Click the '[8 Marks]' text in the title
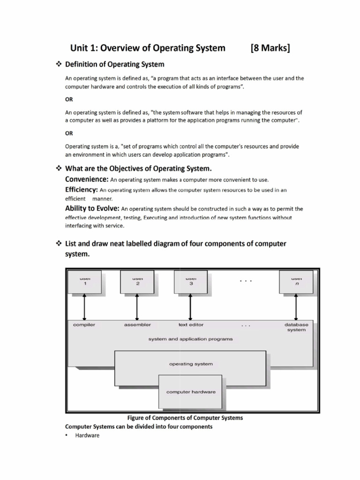270,48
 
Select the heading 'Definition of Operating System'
114,64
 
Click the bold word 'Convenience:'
87,180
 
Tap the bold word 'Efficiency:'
81,190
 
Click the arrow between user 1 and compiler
85,307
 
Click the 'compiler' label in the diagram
84,324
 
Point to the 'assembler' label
137,324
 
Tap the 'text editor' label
191,324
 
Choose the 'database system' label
296,327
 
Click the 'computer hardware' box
191,392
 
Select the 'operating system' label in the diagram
191,364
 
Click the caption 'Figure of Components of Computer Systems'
185,418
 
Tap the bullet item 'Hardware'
87,435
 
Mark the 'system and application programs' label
191,339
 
